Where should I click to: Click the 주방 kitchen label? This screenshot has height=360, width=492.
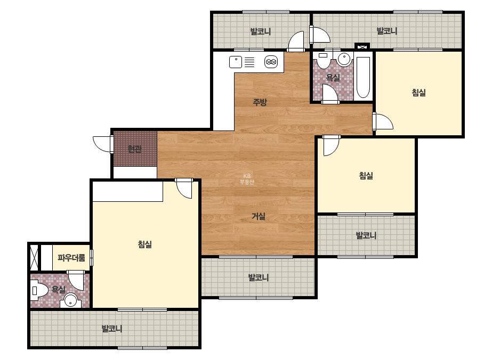(x=260, y=102)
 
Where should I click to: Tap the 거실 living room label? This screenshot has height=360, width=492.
(x=259, y=216)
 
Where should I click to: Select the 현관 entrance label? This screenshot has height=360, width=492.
(x=135, y=149)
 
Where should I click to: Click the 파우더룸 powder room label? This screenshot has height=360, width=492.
(x=71, y=258)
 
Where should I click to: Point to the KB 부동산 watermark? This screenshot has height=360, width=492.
(x=247, y=179)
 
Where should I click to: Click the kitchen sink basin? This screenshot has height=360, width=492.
(x=236, y=62)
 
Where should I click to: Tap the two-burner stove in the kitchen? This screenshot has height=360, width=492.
(x=271, y=62)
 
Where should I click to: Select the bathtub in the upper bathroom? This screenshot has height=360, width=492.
(x=363, y=77)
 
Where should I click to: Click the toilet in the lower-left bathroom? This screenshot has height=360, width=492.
(x=39, y=291)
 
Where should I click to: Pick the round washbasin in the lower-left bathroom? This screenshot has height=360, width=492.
(x=70, y=300)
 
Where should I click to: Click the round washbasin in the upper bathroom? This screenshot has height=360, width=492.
(x=344, y=59)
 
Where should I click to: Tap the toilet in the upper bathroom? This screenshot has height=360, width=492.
(x=323, y=60)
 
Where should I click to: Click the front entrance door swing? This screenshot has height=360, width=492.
(x=103, y=144)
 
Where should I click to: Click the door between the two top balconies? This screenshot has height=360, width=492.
(x=319, y=34)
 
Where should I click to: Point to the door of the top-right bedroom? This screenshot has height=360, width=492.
(x=383, y=121)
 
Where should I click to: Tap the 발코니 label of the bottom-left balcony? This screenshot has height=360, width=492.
(x=112, y=329)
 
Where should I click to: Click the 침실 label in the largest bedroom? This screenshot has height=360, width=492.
(x=145, y=244)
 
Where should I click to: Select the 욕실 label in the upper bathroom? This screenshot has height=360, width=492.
(x=333, y=77)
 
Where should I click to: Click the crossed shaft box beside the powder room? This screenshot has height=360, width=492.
(x=34, y=257)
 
